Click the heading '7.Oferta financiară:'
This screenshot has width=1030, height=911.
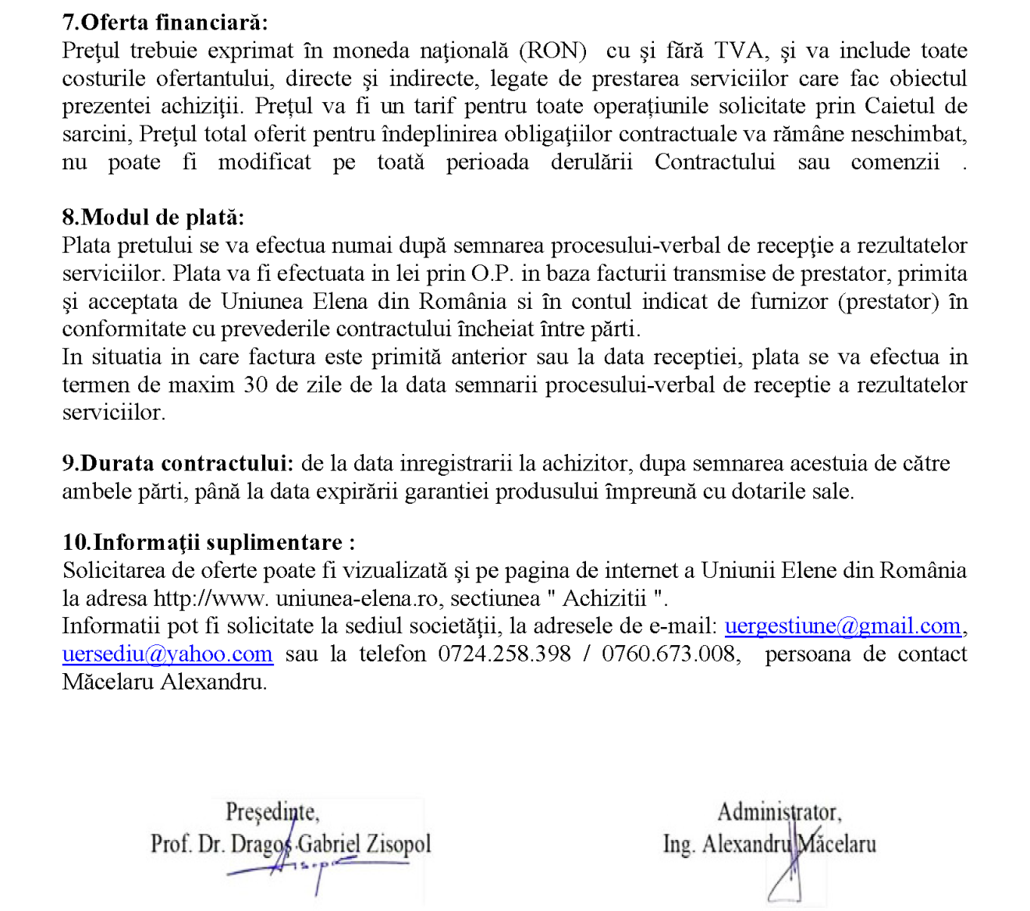(165, 23)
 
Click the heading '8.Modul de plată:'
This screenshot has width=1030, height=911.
(153, 218)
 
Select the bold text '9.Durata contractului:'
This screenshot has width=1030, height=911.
(178, 463)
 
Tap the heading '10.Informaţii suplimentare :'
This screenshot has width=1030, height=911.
(208, 543)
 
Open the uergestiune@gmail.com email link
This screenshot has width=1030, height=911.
(843, 626)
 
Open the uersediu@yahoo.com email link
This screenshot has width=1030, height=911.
(168, 654)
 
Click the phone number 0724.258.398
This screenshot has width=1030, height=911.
(504, 654)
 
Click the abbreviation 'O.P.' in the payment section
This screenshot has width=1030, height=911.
(492, 274)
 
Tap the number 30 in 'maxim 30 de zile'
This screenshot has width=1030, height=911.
(254, 385)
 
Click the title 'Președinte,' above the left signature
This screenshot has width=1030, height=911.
(272, 812)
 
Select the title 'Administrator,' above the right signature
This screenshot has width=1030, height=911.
(779, 812)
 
